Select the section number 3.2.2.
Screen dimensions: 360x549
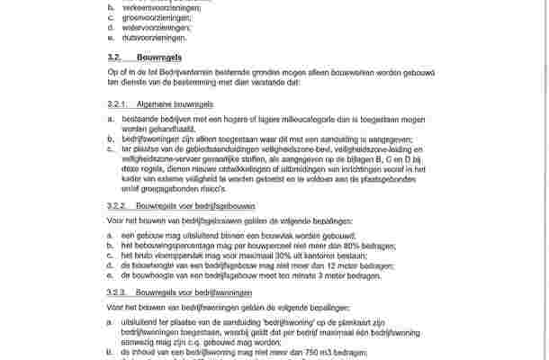118,206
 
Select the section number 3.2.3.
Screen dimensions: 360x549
118,292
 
